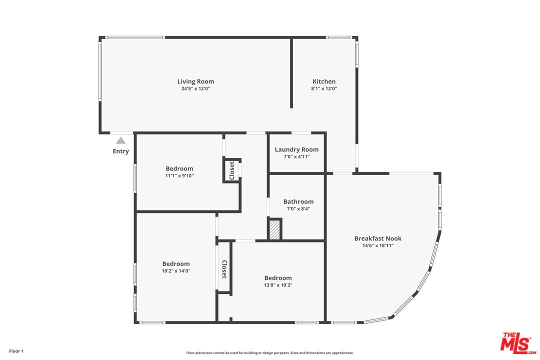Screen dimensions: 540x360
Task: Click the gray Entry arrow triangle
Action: coord(120,140)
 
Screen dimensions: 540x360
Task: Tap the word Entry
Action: coord(121,151)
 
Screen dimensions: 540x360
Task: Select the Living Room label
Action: coord(195,81)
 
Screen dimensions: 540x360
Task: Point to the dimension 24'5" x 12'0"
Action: coord(195,88)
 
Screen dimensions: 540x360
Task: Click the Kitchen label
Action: coord(324,81)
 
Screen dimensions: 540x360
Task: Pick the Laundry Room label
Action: coord(296,149)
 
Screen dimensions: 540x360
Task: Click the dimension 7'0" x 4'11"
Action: coord(296,156)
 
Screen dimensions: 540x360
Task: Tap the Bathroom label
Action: coord(298,201)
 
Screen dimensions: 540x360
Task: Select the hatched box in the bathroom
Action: coord(275,230)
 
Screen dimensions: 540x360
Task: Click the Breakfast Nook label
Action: coord(378,238)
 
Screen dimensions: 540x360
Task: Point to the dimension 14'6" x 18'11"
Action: coord(378,245)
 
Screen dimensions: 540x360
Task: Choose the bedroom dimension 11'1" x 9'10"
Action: coord(179,175)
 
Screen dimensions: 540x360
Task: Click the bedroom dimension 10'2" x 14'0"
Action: coord(176,271)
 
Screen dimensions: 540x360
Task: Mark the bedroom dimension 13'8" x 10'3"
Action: coord(278,285)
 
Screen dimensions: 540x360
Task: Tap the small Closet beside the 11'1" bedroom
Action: coord(232,170)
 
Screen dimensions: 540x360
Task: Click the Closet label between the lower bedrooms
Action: coord(224,269)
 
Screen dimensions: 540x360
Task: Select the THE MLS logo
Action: coord(518,343)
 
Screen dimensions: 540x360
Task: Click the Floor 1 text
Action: coord(16,351)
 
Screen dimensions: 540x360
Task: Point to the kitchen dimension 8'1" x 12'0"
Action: coord(324,88)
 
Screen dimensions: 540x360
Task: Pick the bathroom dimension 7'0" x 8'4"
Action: coord(298,209)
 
